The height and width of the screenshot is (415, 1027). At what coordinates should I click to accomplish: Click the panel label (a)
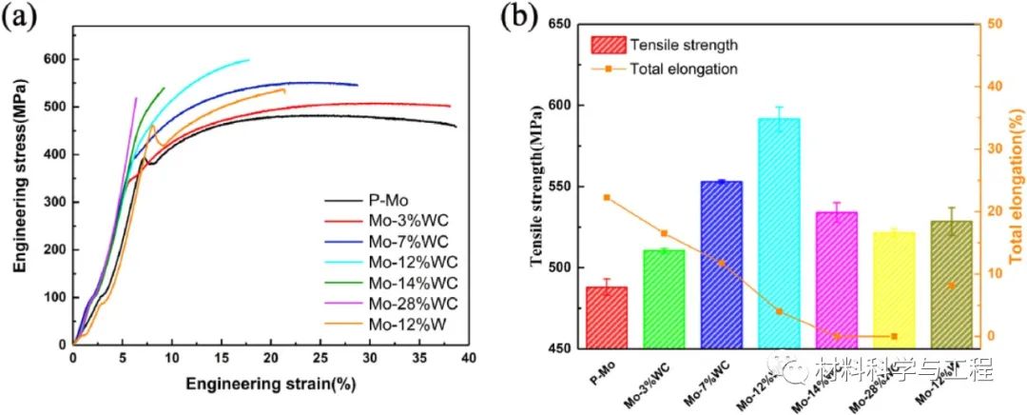[21, 18]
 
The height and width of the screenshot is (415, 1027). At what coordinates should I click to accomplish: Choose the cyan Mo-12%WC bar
[778, 233]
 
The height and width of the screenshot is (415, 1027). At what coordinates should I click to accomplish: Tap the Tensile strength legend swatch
[608, 45]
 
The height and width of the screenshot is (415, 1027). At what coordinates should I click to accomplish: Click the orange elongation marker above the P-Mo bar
[607, 197]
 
